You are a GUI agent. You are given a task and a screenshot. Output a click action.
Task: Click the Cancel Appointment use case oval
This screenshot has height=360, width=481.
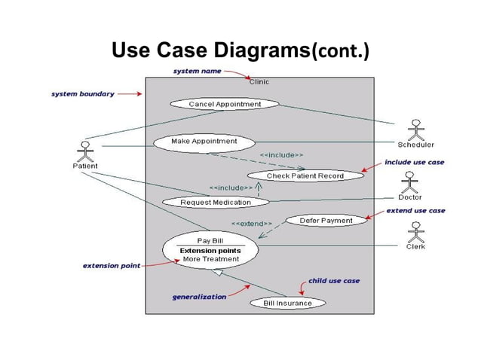(x=225, y=104)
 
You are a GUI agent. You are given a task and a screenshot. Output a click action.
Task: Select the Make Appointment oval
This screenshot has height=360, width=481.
(x=204, y=141)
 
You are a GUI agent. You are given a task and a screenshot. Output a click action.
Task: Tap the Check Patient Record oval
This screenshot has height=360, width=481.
(x=305, y=175)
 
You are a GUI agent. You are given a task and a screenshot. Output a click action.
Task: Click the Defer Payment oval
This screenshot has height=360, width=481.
(x=326, y=221)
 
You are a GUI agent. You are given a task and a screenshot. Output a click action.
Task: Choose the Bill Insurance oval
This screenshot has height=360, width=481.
(x=286, y=303)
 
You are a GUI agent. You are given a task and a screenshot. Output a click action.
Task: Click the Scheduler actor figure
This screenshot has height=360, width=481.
(x=415, y=130)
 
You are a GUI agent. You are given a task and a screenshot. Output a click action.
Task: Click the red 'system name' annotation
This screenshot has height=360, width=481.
(x=198, y=71)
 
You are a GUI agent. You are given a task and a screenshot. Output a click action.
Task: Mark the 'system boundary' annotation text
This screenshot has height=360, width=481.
(x=82, y=94)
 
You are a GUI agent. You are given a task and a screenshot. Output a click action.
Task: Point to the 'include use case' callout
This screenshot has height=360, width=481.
(x=414, y=162)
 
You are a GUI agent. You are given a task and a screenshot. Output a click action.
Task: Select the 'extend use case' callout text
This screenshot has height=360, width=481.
(x=415, y=211)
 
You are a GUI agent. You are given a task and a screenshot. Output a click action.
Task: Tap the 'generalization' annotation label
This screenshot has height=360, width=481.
(x=199, y=297)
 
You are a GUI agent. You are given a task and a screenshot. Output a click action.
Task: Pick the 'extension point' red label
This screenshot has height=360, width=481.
(x=111, y=266)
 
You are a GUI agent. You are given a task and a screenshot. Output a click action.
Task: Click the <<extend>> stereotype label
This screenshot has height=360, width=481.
(x=251, y=224)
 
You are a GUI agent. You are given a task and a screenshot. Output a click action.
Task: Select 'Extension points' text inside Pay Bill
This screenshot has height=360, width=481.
(x=210, y=250)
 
